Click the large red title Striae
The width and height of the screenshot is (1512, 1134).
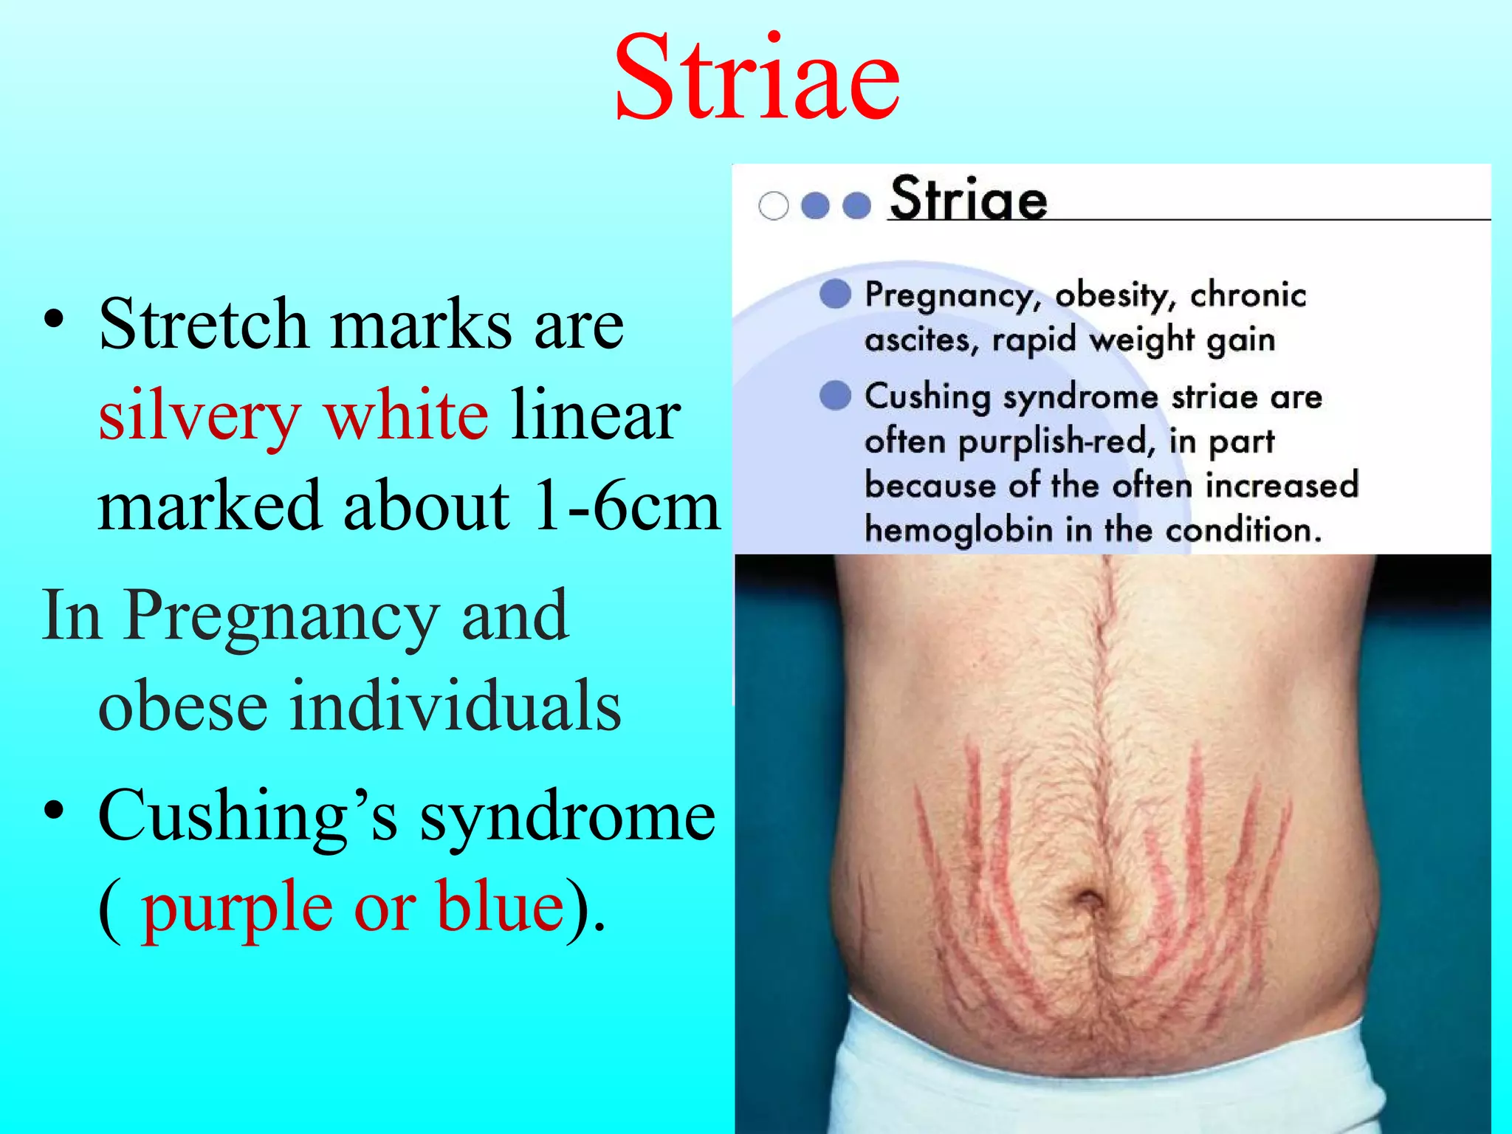click(x=757, y=78)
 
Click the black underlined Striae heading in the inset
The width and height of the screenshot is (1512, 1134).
click(x=968, y=199)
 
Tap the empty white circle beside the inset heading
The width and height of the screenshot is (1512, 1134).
click(x=773, y=206)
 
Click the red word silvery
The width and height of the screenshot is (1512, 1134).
click(x=199, y=416)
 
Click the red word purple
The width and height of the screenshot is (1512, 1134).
click(x=236, y=908)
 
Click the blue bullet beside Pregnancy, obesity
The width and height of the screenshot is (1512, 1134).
click(x=835, y=293)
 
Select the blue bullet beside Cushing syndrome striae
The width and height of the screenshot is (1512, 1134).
click(x=835, y=395)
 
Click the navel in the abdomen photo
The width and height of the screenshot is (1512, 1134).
click(x=1087, y=902)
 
